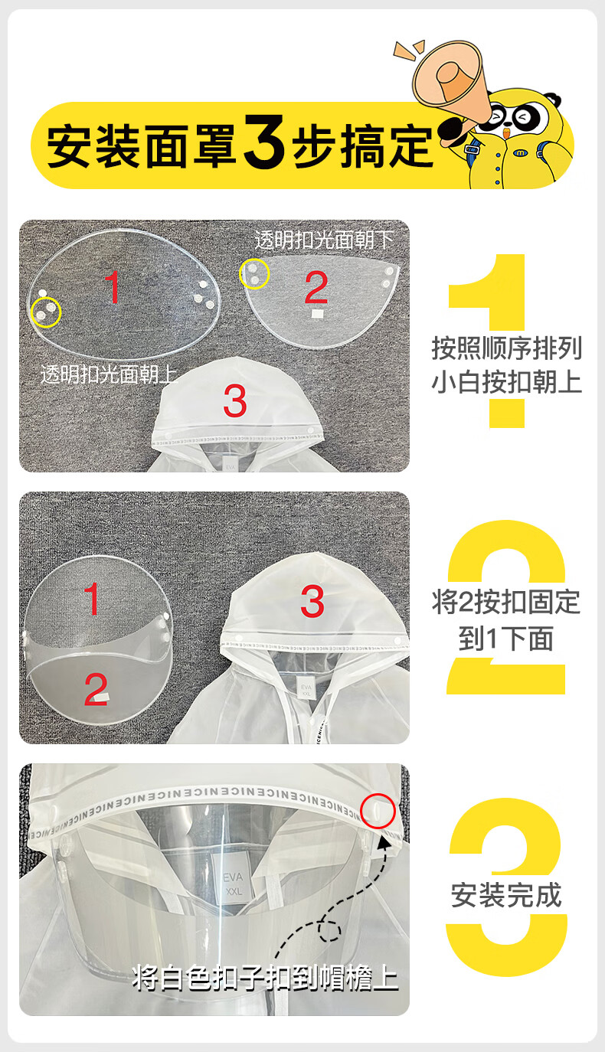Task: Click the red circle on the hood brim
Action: [378, 811]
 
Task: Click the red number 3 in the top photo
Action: [235, 401]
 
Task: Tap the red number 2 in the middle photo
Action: [96, 689]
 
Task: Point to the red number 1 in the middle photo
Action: [92, 598]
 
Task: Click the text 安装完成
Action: [506, 895]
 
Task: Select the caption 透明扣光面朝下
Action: [324, 240]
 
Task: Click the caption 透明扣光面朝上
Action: [109, 374]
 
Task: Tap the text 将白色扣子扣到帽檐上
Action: [266, 978]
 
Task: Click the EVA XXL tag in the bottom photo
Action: [233, 883]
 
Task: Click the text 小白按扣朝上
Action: [507, 382]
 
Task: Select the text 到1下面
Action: [506, 639]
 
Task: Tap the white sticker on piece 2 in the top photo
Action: [318, 313]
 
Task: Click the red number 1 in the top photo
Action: [113, 286]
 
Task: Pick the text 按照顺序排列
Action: [507, 348]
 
